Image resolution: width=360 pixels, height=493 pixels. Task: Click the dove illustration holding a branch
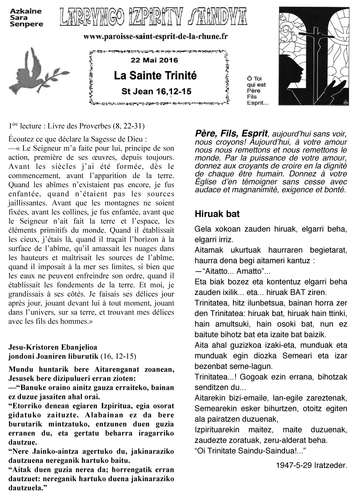click(32, 70)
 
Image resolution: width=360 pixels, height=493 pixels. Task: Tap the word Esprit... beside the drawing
click(258, 102)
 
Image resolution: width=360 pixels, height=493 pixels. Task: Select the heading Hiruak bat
click(217, 214)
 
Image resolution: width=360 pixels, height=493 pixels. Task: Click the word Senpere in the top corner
click(26, 24)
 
